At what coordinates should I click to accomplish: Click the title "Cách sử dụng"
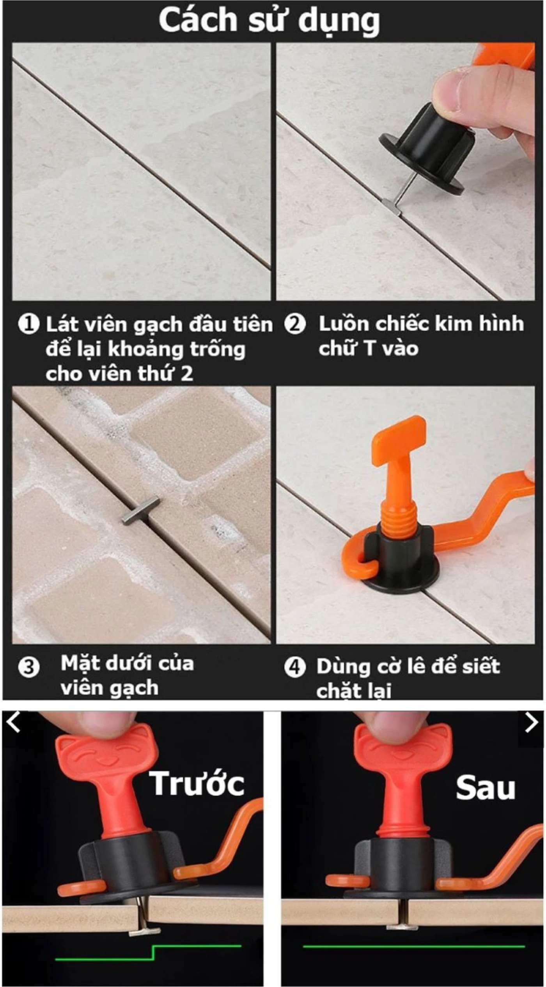tap(269, 21)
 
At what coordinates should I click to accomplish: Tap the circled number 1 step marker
tap(29, 324)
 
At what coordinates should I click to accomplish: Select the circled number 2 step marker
tap(295, 324)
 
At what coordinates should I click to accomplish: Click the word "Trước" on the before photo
tap(197, 783)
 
